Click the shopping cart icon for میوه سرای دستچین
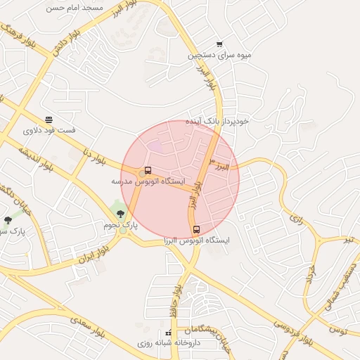220,44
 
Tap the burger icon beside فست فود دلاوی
49,120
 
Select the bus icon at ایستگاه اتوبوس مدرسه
148,170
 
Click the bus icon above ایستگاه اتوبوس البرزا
196,229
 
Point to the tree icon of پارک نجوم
120,214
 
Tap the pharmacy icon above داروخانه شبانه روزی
167,333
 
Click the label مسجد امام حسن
75,8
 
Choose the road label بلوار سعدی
89,328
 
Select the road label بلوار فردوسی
292,333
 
